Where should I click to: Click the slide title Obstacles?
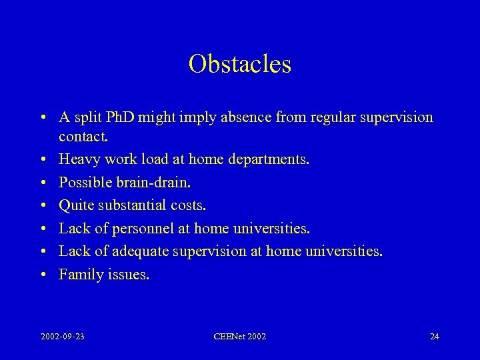[240, 64]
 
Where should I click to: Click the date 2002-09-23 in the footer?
[63, 336]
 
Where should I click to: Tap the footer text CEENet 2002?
[240, 336]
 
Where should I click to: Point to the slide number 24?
[434, 336]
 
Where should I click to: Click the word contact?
[83, 137]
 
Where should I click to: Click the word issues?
[128, 274]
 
